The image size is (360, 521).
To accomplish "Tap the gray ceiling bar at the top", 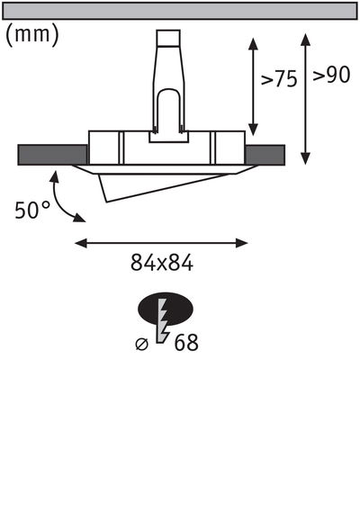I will coord(180,11).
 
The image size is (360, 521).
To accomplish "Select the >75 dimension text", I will coord(279,78).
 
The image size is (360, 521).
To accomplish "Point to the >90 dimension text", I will coord(331,76).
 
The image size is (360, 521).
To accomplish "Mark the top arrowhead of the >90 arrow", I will coord(307,39).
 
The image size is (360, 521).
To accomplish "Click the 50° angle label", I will coord(32,210).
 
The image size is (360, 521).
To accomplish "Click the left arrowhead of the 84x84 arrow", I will coord(79,241).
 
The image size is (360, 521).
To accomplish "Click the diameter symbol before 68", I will coord(141,342).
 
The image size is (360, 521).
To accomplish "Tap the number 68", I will coord(186,342).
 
